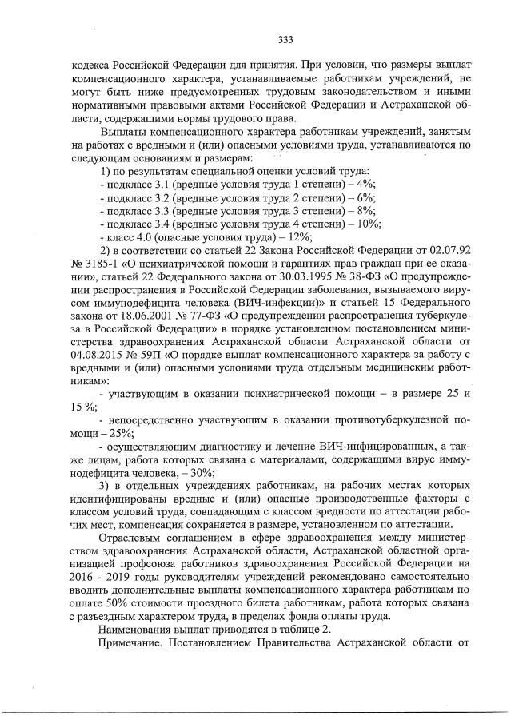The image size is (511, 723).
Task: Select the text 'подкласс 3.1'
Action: tap(133, 183)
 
